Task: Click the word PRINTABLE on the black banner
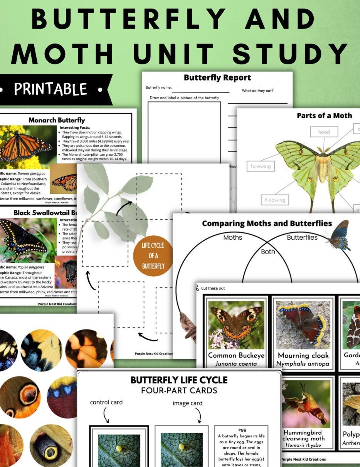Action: click(x=50, y=89)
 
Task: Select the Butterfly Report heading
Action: click(x=217, y=78)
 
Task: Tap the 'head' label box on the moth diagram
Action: click(x=324, y=132)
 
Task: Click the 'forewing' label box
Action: click(x=260, y=166)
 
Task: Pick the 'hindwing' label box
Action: click(x=275, y=200)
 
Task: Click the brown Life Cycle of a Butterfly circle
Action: click(x=153, y=256)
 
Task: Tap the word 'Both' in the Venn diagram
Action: click(x=268, y=252)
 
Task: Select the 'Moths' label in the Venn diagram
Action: click(x=233, y=237)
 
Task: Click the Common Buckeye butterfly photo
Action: click(x=236, y=325)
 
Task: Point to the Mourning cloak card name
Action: click(x=303, y=355)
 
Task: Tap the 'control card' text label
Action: click(x=106, y=402)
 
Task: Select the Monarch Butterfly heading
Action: click(x=57, y=120)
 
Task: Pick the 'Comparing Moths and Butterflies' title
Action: click(x=267, y=223)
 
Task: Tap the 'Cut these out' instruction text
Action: click(x=213, y=288)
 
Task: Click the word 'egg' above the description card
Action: click(x=242, y=429)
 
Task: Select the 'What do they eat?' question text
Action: click(x=257, y=90)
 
